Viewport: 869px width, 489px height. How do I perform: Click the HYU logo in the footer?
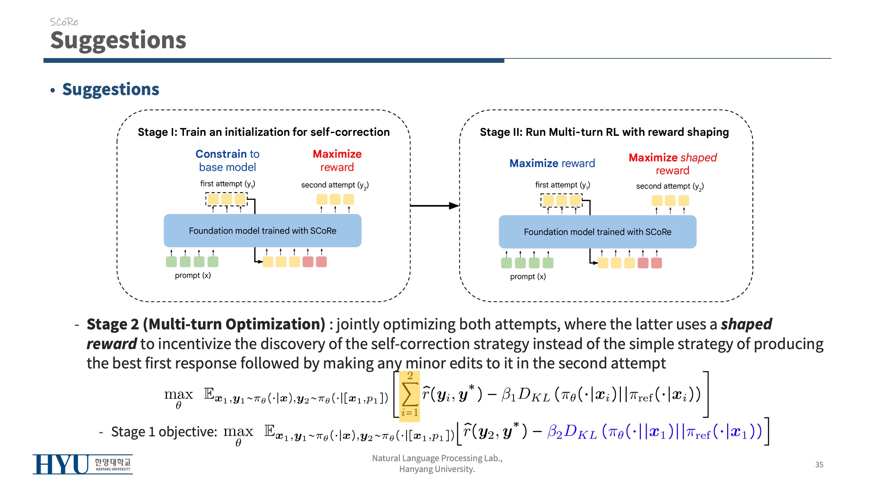tap(82, 464)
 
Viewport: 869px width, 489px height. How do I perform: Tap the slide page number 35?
tap(819, 465)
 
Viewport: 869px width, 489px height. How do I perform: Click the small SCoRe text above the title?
tap(64, 22)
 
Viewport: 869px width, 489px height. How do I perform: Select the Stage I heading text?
tap(263, 132)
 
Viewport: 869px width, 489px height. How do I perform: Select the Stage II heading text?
tap(604, 132)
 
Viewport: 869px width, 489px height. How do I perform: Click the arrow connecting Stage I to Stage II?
tap(434, 205)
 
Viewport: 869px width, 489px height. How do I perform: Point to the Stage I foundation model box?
tap(262, 231)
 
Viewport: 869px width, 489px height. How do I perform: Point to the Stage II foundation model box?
tap(597, 232)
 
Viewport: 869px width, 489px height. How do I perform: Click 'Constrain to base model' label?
tap(227, 161)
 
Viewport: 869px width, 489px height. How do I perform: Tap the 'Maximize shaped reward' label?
tap(672, 164)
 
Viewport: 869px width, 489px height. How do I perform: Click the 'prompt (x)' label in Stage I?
tap(193, 275)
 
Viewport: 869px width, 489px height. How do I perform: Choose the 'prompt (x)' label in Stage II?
tap(528, 277)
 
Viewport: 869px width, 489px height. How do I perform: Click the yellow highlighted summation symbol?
tap(409, 396)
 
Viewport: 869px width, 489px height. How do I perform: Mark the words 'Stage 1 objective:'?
tap(164, 432)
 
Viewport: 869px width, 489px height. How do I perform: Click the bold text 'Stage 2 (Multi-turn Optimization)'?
tap(206, 324)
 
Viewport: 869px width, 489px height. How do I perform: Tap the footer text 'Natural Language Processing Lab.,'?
tap(437, 458)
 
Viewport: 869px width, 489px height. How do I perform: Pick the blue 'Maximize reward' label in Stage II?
tap(552, 163)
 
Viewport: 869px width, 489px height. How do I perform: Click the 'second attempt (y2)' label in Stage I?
tap(335, 185)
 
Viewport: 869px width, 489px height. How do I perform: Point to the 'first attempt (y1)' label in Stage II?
tap(562, 185)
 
